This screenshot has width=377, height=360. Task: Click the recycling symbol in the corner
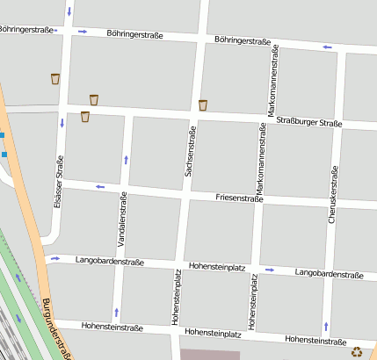357,352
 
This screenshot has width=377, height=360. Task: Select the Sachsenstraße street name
189,152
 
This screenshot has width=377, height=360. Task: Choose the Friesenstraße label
239,199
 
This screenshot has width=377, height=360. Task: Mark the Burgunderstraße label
55,329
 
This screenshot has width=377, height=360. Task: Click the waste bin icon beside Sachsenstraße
203,105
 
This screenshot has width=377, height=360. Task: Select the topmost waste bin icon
55,79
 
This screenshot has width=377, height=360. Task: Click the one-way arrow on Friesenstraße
100,186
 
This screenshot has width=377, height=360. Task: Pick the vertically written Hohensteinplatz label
253,302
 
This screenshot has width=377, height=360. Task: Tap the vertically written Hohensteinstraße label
176,298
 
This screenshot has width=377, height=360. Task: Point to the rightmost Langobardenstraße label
330,275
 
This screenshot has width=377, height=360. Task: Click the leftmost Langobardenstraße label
110,261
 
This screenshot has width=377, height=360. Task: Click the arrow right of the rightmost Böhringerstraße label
327,47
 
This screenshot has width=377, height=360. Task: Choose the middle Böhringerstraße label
134,35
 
